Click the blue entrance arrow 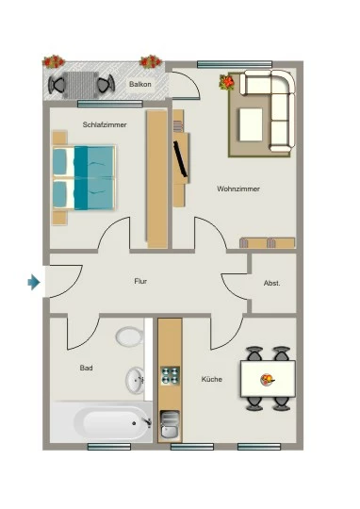(x=34, y=282)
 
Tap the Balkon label (x=140, y=84)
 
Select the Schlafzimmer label (x=105, y=124)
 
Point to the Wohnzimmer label (x=238, y=189)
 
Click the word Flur (x=140, y=281)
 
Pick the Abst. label (x=271, y=283)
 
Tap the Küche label (x=212, y=379)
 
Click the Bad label (x=87, y=368)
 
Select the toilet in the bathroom (x=129, y=337)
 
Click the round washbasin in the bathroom (x=135, y=380)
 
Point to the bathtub (x=101, y=422)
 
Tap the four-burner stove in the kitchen (x=171, y=375)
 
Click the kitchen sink (x=170, y=424)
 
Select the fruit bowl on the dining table (x=268, y=380)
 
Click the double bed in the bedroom (x=84, y=177)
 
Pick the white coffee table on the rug (x=251, y=124)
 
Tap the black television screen (x=181, y=159)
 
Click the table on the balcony (x=81, y=85)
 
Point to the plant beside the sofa (x=227, y=82)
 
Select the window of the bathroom (x=109, y=447)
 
